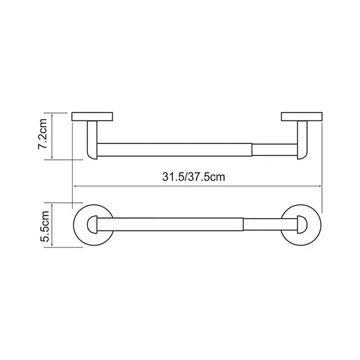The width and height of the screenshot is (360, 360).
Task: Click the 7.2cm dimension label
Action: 43,134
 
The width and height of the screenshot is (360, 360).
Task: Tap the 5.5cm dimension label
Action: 44,226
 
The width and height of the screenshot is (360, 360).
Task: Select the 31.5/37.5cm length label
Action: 193,177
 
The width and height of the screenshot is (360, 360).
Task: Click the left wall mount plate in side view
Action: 92,117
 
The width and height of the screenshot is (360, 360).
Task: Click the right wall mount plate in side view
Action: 302,116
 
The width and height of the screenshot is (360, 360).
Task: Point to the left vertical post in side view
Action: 92,140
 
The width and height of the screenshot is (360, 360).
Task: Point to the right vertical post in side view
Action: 302,140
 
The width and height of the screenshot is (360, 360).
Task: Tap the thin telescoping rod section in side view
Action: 275,150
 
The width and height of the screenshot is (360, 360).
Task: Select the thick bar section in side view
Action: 174,150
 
